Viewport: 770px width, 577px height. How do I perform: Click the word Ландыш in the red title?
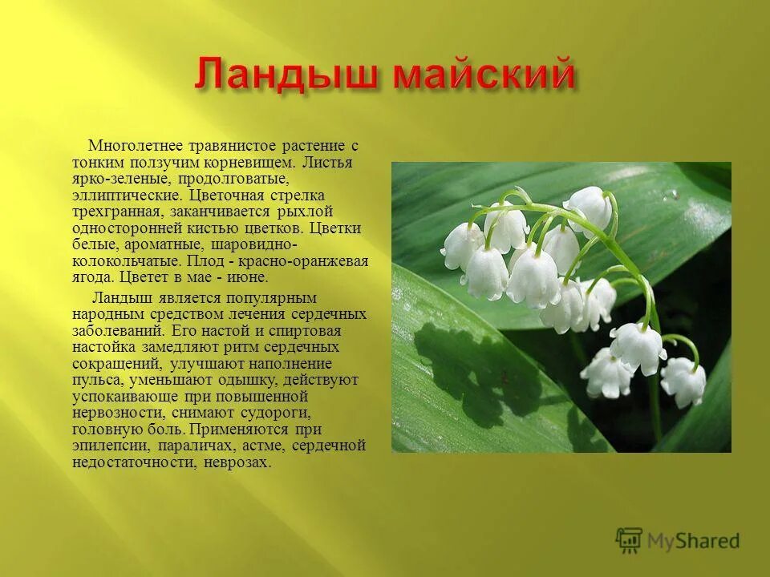click(287, 78)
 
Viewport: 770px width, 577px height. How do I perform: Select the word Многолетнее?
click(137, 145)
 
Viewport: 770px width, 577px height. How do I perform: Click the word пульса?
click(93, 380)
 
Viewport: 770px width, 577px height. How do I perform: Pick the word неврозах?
click(237, 462)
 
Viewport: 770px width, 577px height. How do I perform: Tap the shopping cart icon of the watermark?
click(630, 541)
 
